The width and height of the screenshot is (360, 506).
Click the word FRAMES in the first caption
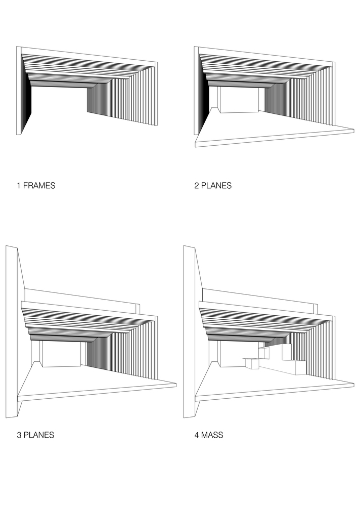(39, 186)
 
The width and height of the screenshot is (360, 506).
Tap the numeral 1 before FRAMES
(19, 186)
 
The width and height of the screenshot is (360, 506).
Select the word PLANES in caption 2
(216, 186)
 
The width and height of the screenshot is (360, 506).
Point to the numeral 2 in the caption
(197, 186)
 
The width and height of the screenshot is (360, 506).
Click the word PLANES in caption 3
(39, 435)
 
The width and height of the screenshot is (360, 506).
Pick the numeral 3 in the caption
(19, 435)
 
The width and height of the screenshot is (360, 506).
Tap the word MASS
(212, 435)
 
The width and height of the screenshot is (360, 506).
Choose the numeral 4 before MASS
(197, 435)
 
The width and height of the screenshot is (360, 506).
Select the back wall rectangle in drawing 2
(239, 100)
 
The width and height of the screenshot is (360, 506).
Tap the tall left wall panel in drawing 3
(12, 332)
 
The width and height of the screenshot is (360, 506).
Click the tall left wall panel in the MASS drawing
(190, 332)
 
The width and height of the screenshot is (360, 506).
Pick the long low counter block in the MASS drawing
(283, 368)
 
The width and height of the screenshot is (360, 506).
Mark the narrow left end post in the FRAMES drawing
(19, 91)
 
